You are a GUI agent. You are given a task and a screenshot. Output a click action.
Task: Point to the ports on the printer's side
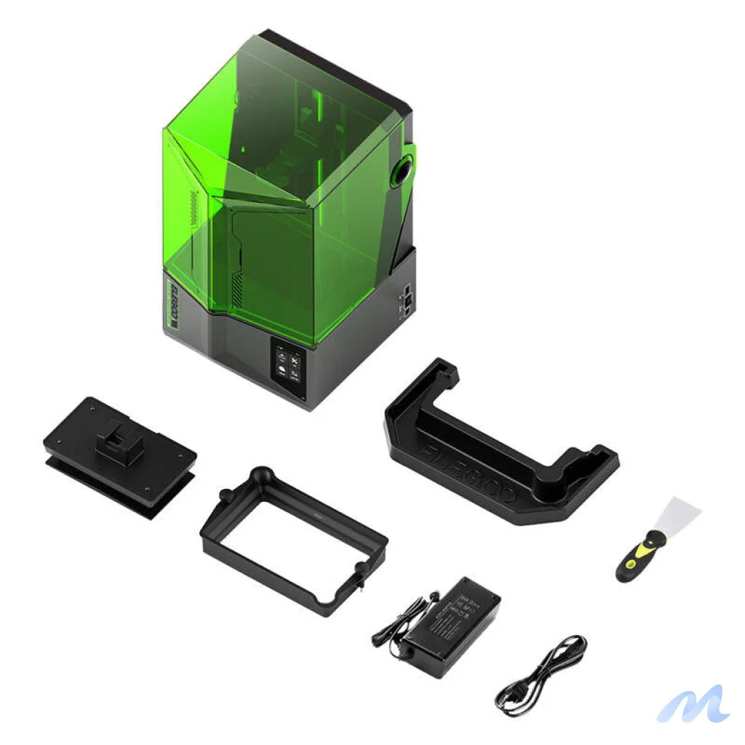pos(407,298)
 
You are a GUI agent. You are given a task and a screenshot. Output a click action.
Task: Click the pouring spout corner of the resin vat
pos(260,477)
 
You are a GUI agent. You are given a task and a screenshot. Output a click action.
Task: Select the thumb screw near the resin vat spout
pos(358,582)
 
